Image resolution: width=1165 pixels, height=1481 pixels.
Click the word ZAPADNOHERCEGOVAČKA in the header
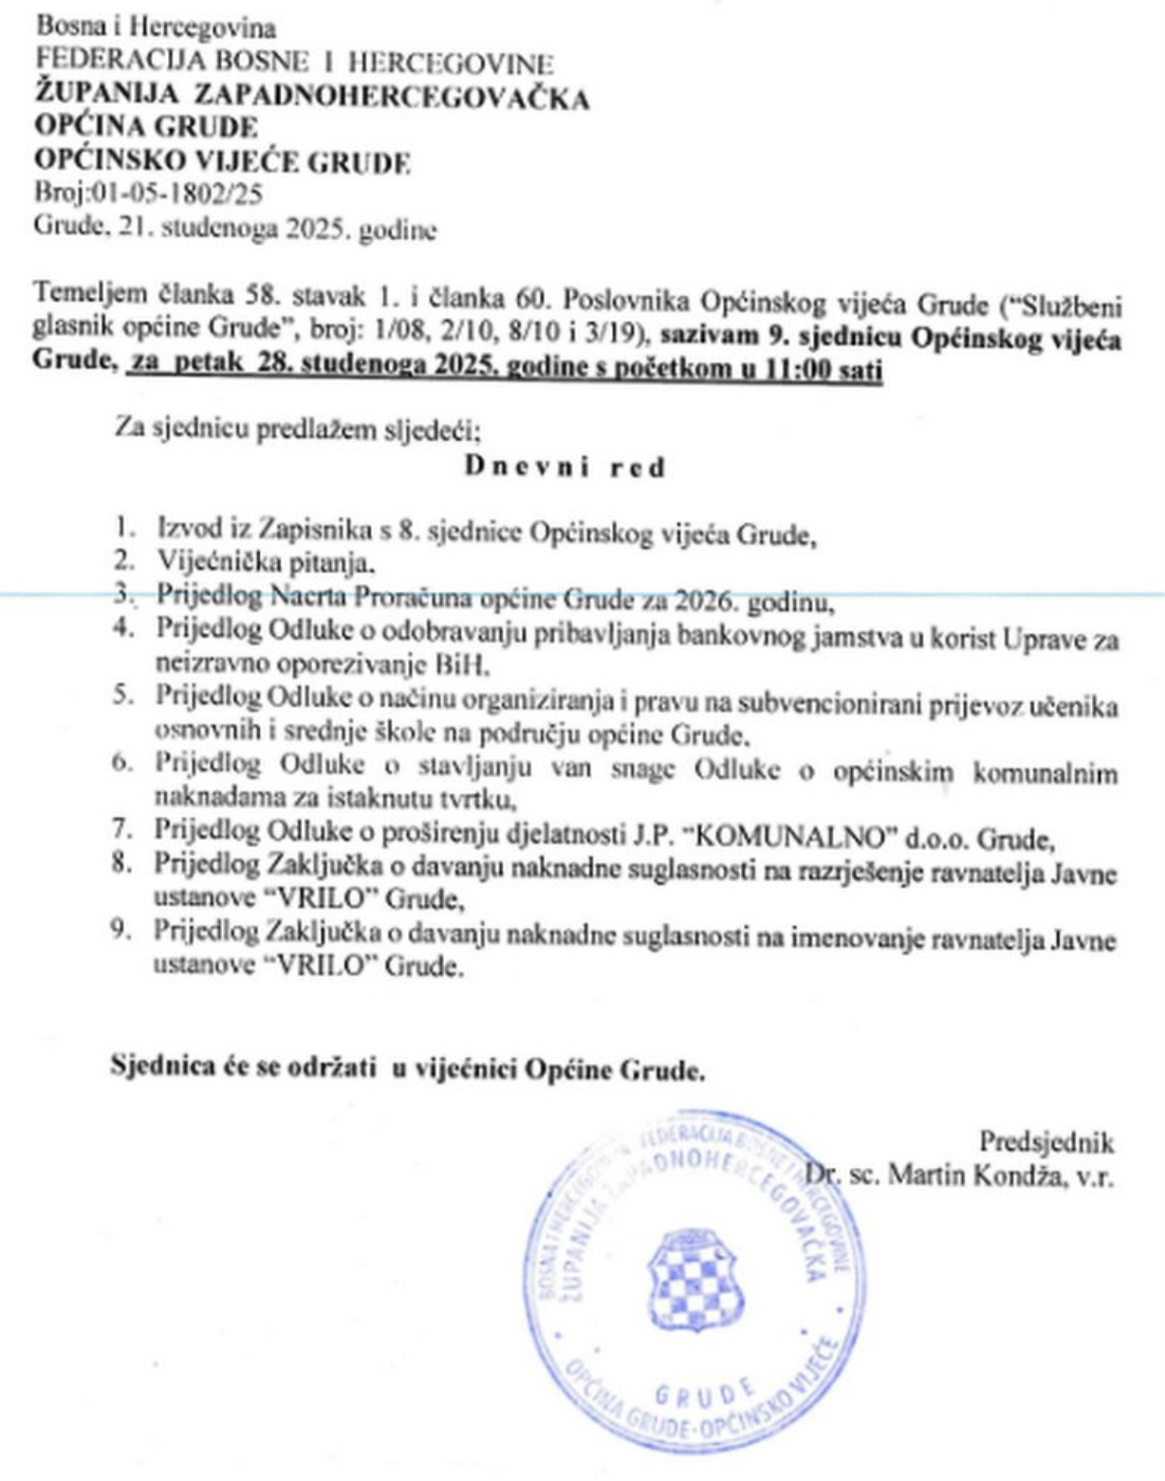click(392, 98)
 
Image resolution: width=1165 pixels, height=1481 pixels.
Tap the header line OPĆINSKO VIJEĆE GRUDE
click(222, 161)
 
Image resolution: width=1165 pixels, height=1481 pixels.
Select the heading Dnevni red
click(564, 467)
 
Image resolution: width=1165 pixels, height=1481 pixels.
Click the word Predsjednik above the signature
click(1046, 1142)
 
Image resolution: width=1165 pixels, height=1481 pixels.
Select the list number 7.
click(122, 829)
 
